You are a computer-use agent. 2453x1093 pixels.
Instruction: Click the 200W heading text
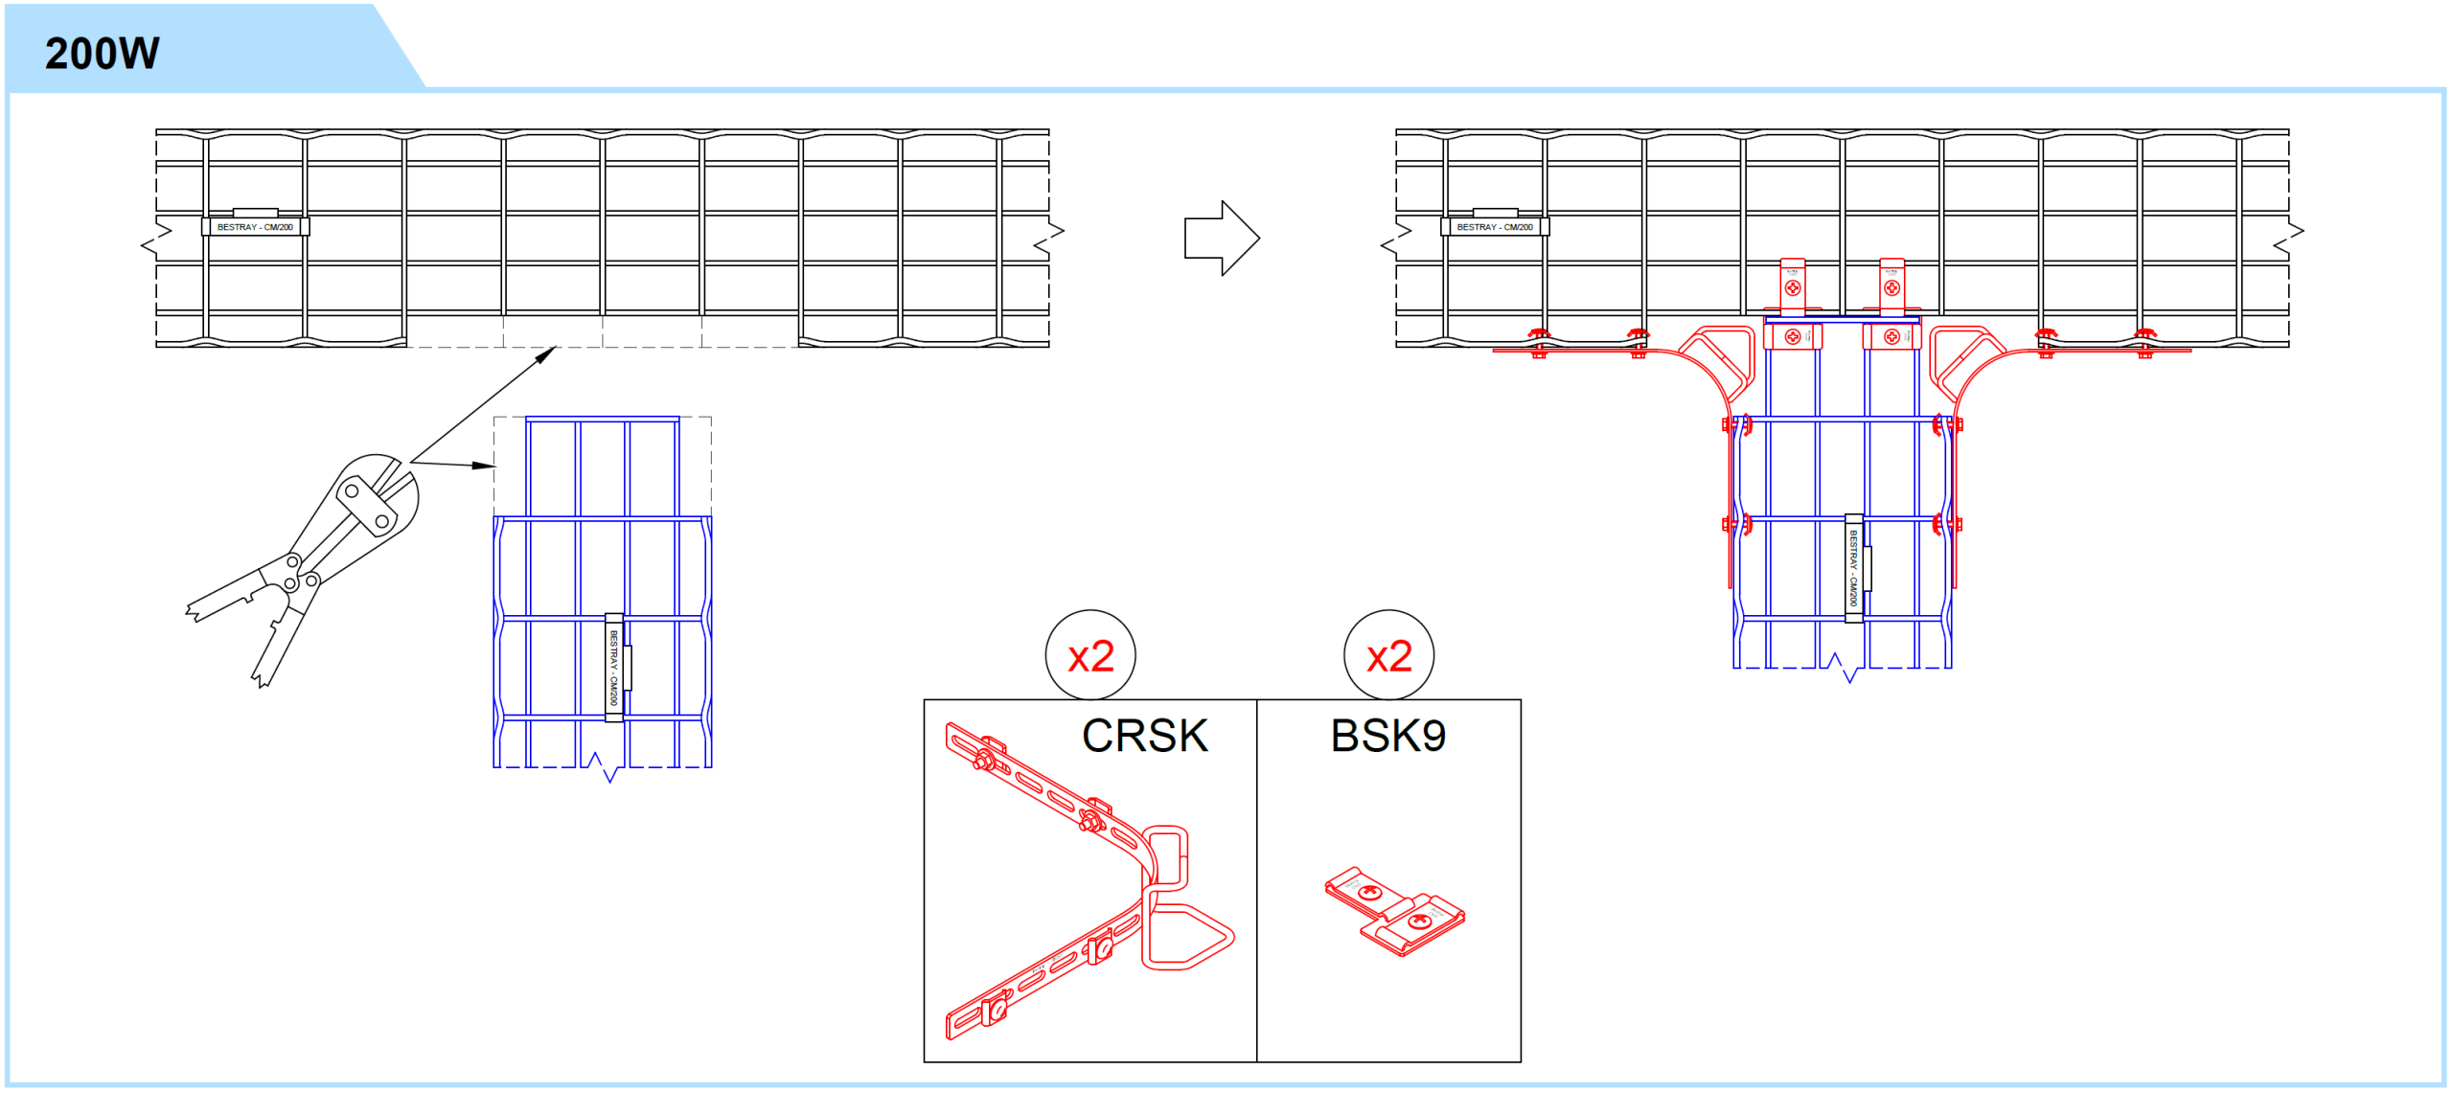(102, 54)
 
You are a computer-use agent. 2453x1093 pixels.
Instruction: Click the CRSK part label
(1144, 736)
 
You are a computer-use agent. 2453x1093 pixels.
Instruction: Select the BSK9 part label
(1387, 736)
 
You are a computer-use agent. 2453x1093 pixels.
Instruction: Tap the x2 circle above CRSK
(1090, 656)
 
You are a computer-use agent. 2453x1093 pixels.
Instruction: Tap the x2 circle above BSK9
(1388, 656)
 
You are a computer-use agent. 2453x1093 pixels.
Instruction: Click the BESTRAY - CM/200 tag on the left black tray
(255, 227)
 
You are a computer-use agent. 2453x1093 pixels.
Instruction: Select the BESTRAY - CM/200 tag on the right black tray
(1495, 227)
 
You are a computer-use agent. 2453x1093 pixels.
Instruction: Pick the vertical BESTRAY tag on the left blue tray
(614, 668)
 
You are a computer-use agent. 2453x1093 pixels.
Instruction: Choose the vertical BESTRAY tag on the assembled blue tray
(1854, 568)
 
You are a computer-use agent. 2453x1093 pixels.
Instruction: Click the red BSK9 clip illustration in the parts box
(1395, 911)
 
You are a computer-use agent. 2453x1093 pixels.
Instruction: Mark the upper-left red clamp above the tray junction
(1793, 285)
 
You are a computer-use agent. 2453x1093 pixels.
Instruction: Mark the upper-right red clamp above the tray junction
(1891, 285)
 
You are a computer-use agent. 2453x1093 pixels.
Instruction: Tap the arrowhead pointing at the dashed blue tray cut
(485, 466)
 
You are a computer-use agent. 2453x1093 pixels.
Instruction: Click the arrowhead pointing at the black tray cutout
(546, 354)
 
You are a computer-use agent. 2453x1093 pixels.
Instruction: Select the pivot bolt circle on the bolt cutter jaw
(353, 491)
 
